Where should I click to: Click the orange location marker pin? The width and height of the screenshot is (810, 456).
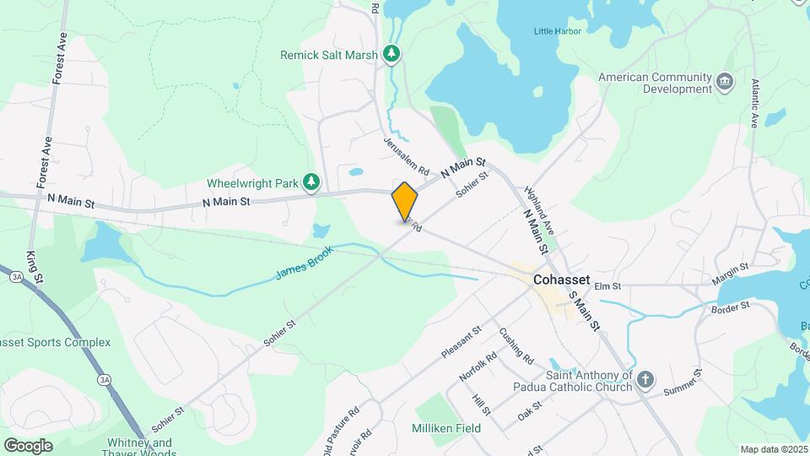(405, 201)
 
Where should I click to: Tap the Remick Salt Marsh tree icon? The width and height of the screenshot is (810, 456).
(391, 55)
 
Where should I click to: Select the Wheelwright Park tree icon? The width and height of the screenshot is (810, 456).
(312, 182)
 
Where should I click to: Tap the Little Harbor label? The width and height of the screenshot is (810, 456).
(557, 32)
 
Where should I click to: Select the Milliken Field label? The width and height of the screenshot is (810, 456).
(446, 428)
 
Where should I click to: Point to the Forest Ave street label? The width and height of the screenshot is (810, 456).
(59, 59)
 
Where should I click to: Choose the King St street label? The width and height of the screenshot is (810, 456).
(33, 266)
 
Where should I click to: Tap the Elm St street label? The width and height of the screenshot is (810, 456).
(607, 286)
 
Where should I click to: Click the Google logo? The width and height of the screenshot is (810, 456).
(28, 445)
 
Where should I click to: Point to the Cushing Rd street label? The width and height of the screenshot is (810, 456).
(516, 346)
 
